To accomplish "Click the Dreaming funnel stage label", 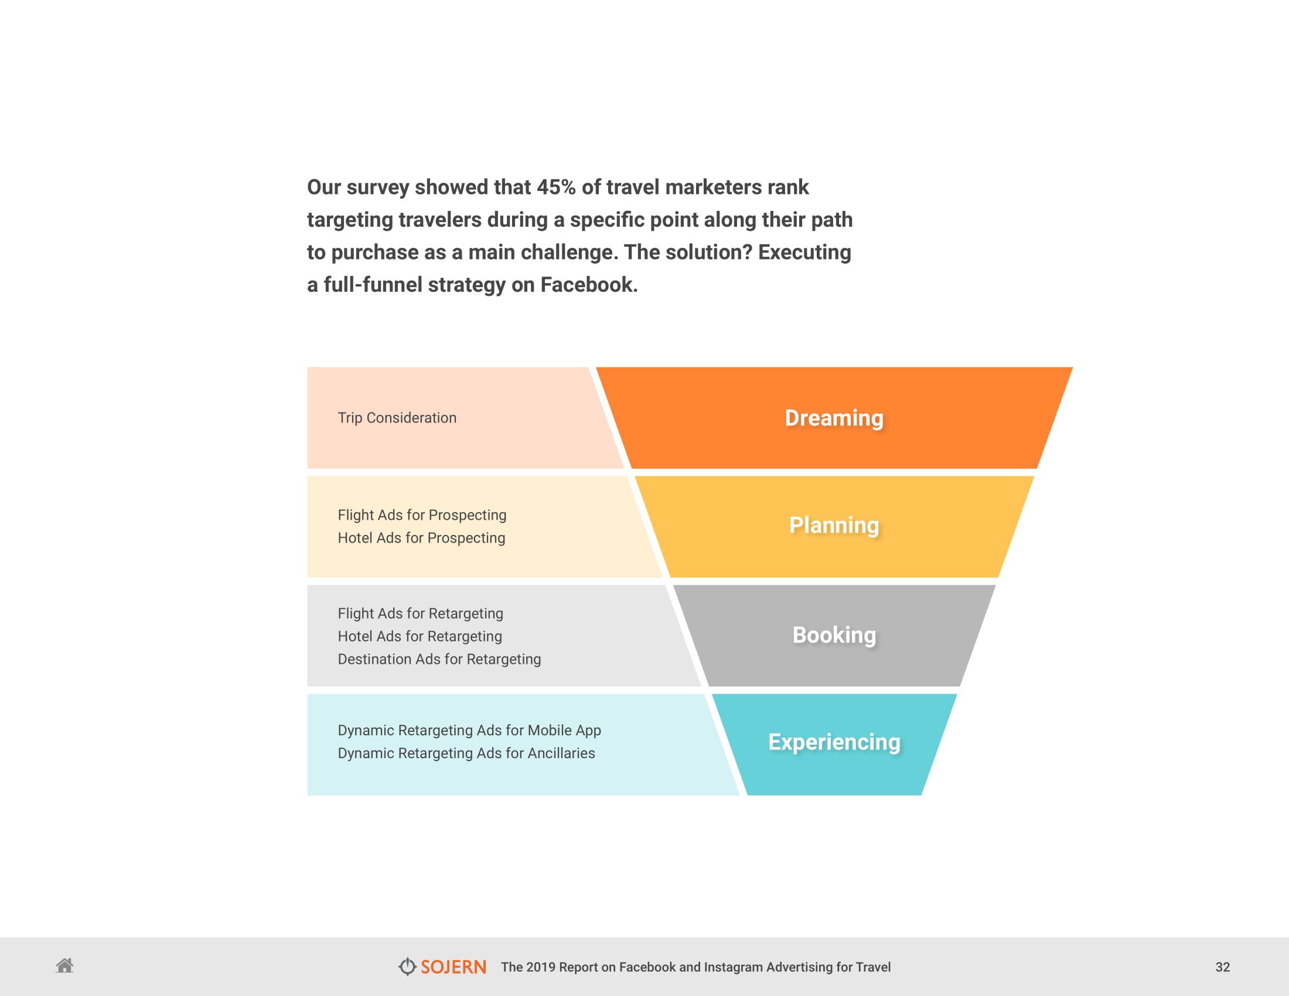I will [x=833, y=418].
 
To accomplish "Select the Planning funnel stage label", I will [x=833, y=525].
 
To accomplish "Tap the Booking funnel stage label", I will [x=833, y=635].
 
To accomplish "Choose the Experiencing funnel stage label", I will [x=833, y=742].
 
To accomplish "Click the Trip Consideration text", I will [x=397, y=418].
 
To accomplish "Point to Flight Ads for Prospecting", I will [x=421, y=515].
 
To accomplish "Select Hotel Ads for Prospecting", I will [x=421, y=538].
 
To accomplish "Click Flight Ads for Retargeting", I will [x=420, y=613].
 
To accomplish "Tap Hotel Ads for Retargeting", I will [x=420, y=637].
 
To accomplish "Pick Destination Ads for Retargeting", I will [x=438, y=659].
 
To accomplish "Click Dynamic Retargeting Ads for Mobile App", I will [x=469, y=731].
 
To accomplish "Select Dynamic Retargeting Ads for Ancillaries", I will [x=466, y=753].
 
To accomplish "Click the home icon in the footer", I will [x=65, y=966].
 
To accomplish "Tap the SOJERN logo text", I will [x=453, y=967].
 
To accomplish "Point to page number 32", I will [x=1222, y=967].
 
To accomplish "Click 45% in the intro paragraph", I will [x=555, y=187].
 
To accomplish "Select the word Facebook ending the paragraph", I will [x=588, y=285].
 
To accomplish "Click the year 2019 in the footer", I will [x=540, y=967].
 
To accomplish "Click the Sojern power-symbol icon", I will [x=407, y=967].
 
